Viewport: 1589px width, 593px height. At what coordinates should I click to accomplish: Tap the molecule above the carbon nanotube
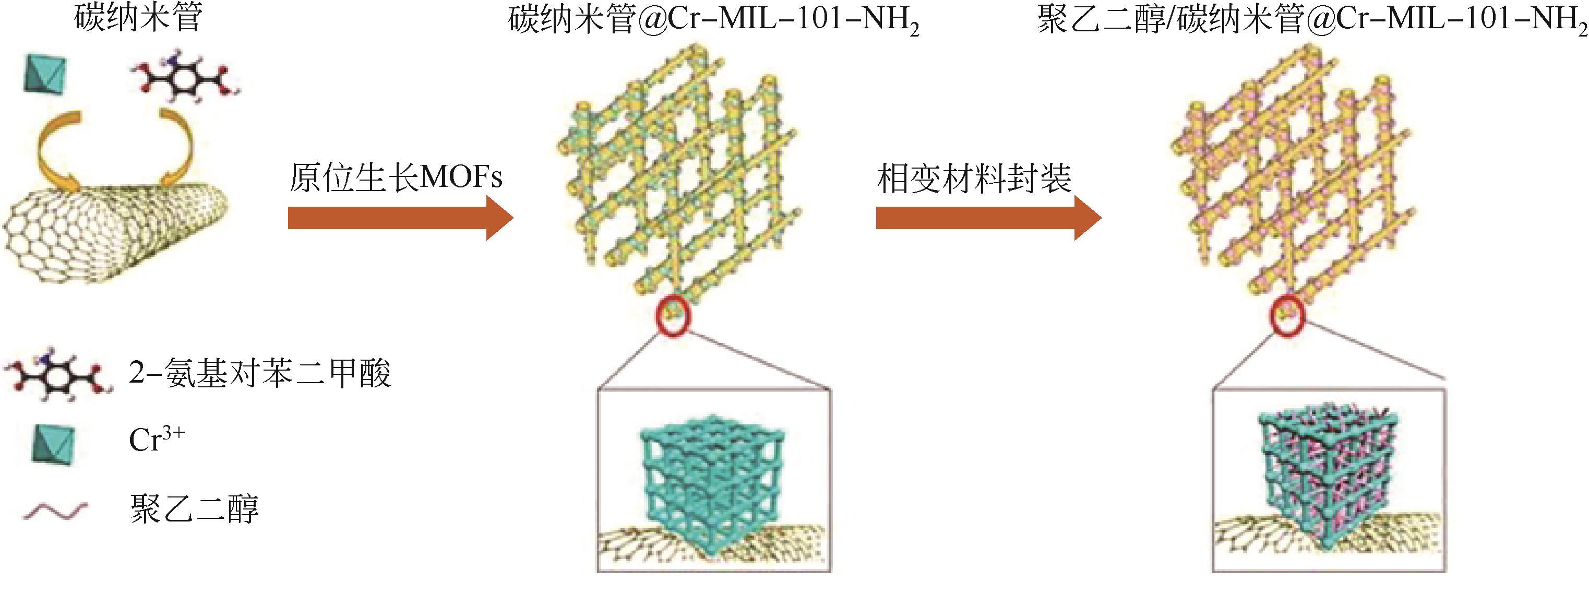click(x=184, y=78)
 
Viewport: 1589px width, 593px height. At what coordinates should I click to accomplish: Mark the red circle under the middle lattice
click(x=674, y=316)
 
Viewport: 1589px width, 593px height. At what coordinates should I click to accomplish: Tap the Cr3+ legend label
click(x=157, y=440)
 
